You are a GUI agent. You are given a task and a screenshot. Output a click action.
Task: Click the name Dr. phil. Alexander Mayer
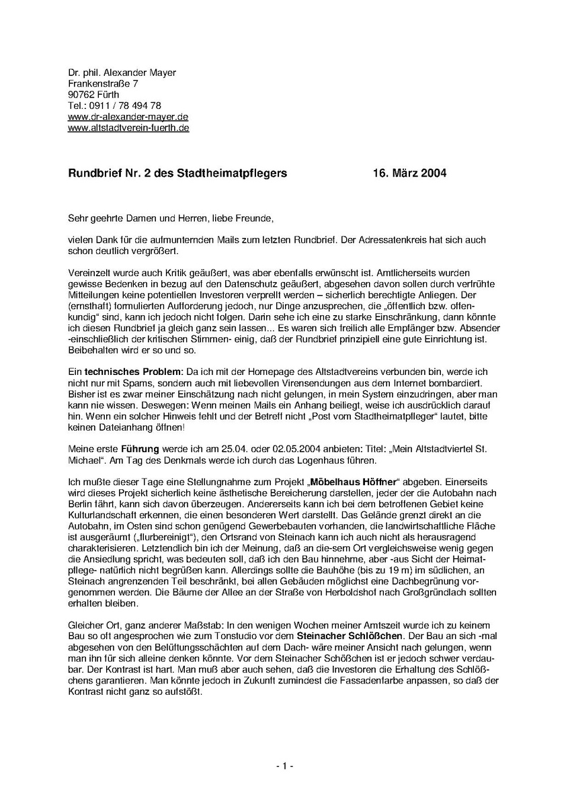tap(122, 73)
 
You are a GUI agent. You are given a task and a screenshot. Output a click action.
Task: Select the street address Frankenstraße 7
tap(103, 83)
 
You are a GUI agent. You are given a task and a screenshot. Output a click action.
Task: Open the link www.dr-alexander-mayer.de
tap(123, 116)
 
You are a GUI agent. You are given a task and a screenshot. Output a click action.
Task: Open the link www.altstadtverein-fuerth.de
tap(128, 127)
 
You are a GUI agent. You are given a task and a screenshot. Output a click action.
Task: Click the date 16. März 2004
tap(409, 173)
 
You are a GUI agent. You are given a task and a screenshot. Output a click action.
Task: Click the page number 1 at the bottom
tap(284, 765)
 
